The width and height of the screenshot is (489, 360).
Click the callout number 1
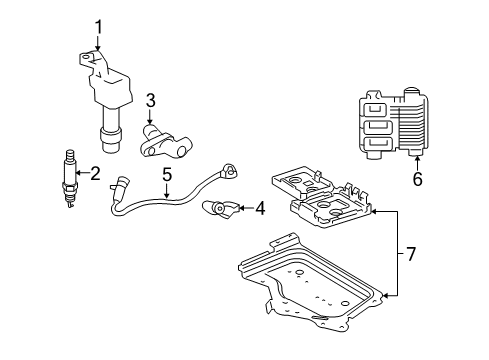[x=97, y=26]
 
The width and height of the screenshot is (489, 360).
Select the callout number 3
[x=150, y=99]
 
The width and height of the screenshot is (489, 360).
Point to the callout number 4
[x=259, y=209]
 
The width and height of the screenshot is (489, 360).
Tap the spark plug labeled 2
[x=70, y=180]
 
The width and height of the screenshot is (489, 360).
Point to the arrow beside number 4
[x=243, y=209]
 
